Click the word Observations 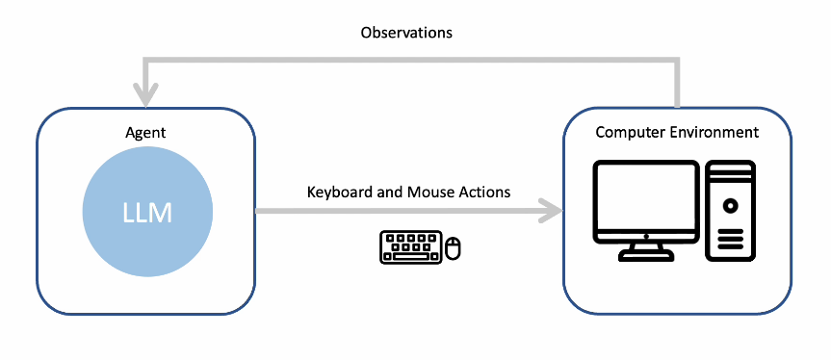coord(406,33)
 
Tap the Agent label coord(145,133)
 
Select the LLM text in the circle coord(147,213)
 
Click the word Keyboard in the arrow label coord(335,192)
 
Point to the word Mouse coord(427,192)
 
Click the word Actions coord(480,192)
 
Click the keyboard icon coord(411,246)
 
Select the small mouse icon coord(454,248)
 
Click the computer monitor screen coord(646,199)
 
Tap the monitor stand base coord(646,256)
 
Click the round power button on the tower coord(730,204)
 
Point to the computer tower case coord(730,210)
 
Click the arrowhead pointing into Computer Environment coord(551,211)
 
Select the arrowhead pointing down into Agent coord(146,97)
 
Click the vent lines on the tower coord(730,240)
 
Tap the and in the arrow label coord(385,192)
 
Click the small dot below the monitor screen coord(646,237)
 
